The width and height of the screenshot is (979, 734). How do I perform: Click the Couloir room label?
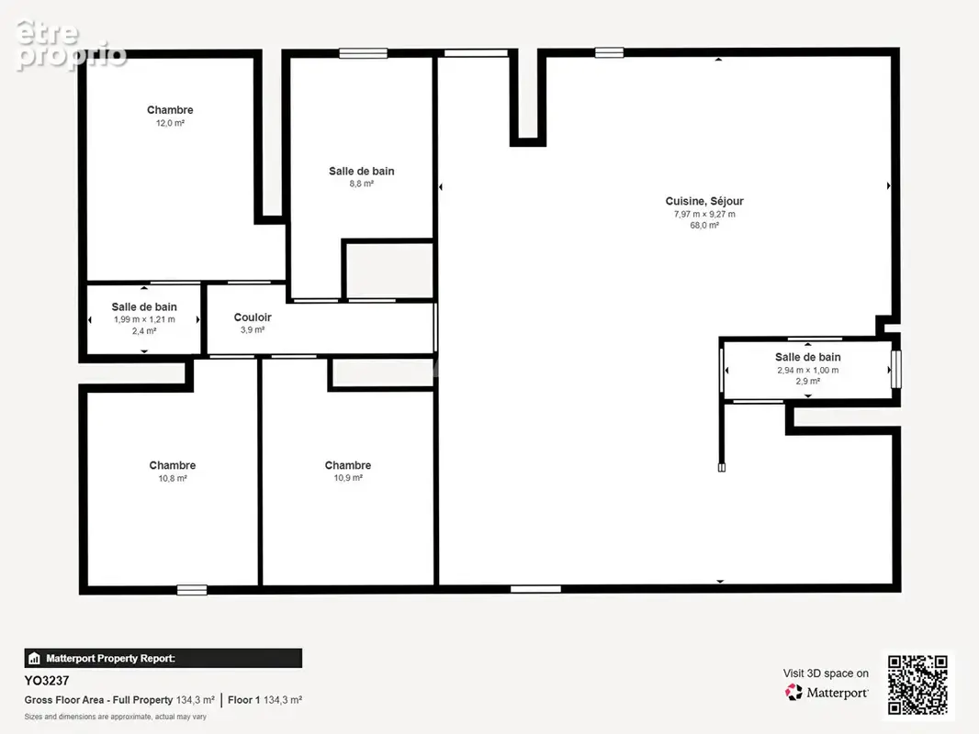[x=253, y=317]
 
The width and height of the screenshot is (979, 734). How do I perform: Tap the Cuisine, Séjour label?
[x=704, y=201]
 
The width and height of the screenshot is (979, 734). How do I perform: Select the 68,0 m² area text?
[x=704, y=225]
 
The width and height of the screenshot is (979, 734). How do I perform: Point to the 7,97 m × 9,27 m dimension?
[x=704, y=214]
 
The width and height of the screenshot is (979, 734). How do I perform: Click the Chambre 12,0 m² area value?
[x=170, y=123]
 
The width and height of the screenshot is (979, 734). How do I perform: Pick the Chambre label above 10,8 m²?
[x=173, y=465]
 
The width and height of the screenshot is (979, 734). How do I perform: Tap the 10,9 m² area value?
[x=348, y=478]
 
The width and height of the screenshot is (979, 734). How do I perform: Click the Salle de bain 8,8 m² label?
[x=362, y=171]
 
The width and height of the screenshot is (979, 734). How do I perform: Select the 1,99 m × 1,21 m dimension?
[x=144, y=319]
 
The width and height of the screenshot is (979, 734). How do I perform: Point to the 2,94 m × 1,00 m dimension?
[x=808, y=370]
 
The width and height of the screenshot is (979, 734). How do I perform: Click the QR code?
[x=917, y=684]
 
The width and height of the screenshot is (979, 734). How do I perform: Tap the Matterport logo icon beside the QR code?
[x=793, y=692]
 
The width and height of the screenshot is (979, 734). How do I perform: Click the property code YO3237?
[x=47, y=681]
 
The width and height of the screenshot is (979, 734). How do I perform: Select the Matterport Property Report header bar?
[x=163, y=658]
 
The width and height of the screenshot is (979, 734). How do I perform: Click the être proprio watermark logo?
[x=71, y=44]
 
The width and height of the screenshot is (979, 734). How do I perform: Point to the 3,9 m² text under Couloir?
[x=253, y=329]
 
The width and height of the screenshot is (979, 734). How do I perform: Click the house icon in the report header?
[x=34, y=658]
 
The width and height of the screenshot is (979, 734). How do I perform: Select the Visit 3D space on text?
[x=826, y=673]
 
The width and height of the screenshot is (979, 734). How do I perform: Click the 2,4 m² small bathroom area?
[x=144, y=331]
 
